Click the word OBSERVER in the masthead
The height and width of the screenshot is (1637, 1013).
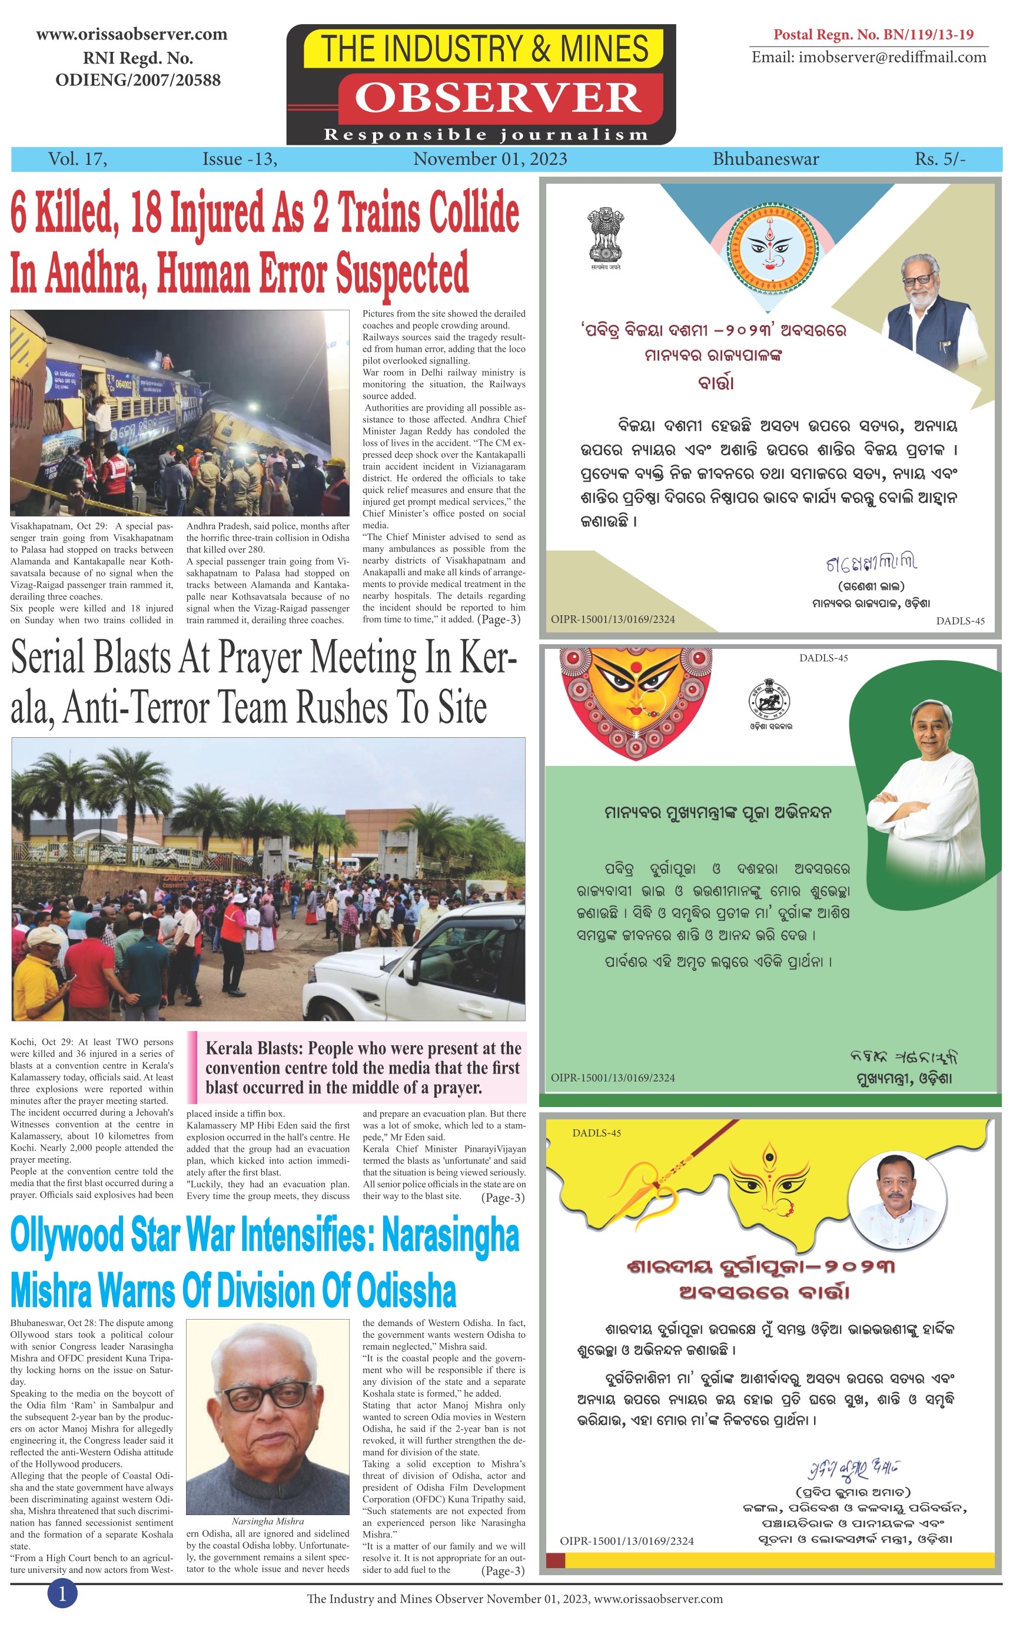(x=498, y=98)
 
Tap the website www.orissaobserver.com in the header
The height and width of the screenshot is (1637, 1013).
(x=131, y=34)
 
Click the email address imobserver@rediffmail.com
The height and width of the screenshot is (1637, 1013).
(x=868, y=57)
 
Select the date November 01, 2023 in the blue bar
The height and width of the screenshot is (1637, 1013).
(x=490, y=159)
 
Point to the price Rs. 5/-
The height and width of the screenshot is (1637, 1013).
(x=939, y=159)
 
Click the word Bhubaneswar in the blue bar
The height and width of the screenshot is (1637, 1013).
(x=765, y=159)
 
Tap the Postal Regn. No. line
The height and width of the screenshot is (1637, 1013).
(x=873, y=34)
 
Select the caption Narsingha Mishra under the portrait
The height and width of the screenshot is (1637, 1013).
(x=267, y=1521)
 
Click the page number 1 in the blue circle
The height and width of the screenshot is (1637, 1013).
(x=62, y=1593)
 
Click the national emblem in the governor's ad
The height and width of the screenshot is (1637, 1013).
(x=605, y=236)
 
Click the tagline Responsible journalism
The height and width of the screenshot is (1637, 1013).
(x=486, y=135)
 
